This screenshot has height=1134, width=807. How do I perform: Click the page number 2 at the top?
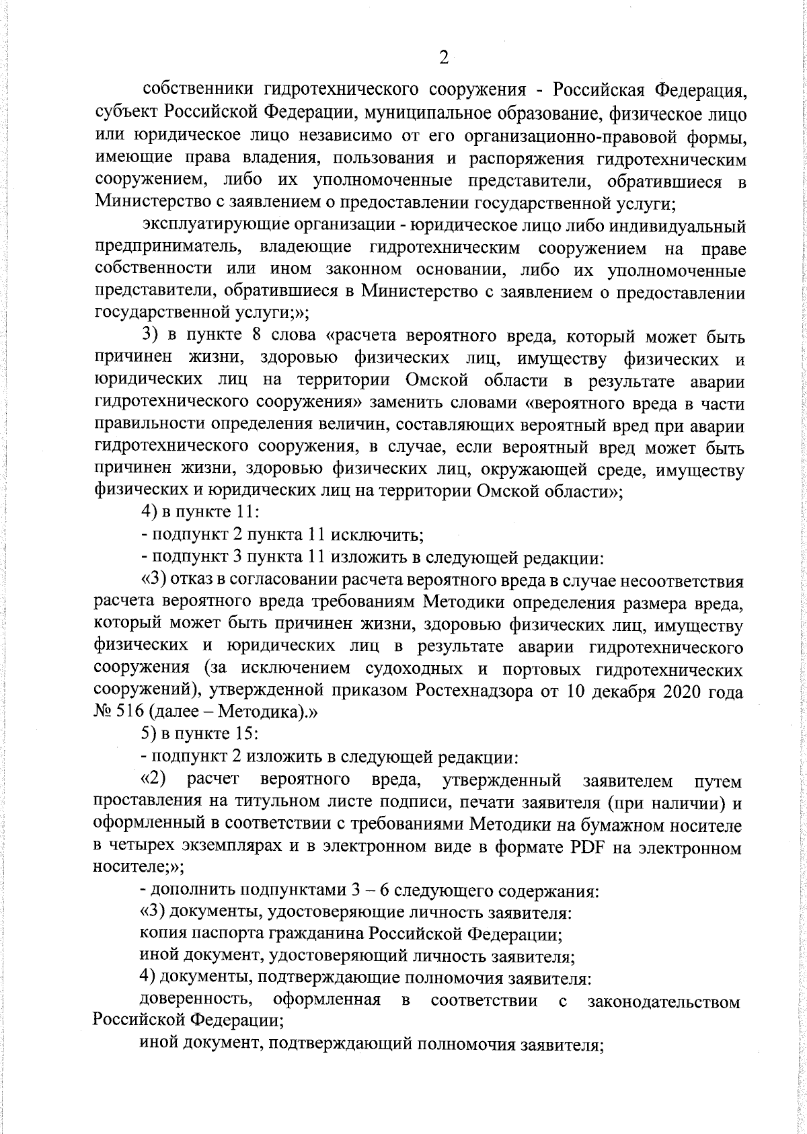[443, 59]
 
